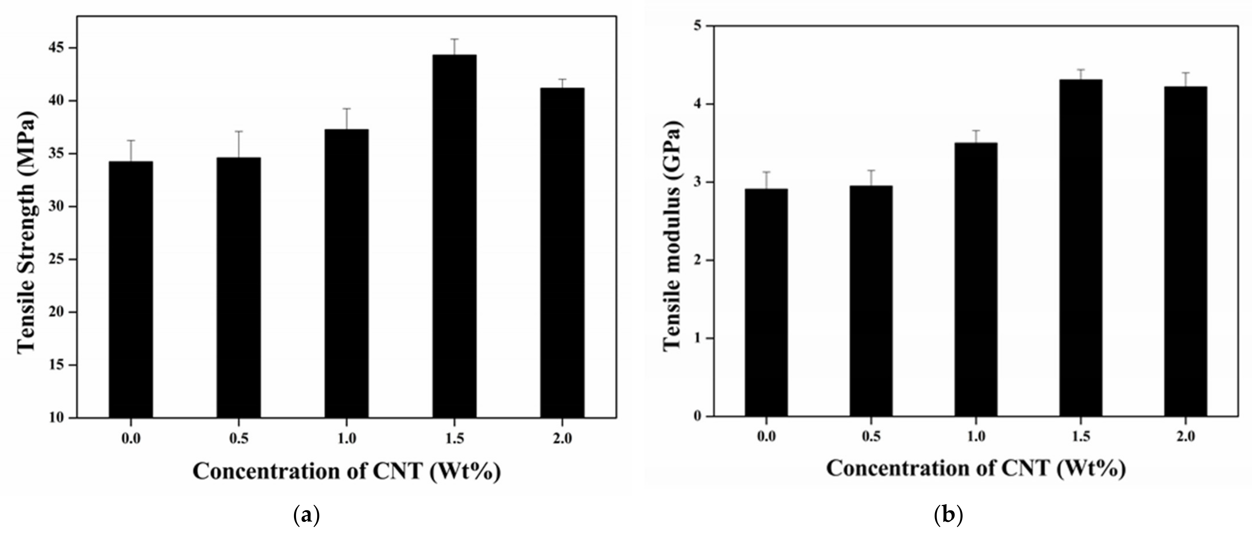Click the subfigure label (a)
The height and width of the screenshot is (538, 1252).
click(x=307, y=515)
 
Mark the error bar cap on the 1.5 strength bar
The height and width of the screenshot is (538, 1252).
click(x=454, y=39)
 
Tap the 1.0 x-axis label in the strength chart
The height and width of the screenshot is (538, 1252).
click(x=346, y=439)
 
